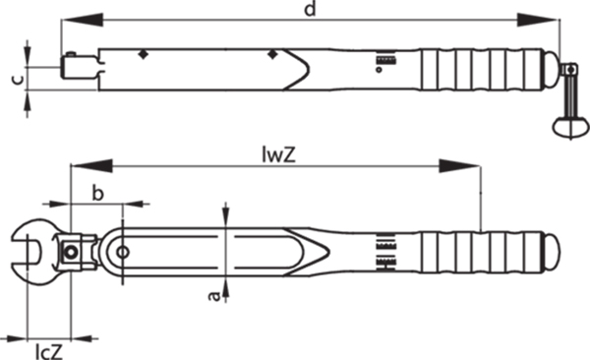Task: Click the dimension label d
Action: (x=310, y=9)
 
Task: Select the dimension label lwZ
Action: (x=279, y=154)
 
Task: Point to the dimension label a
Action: (x=214, y=296)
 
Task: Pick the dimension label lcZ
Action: (x=49, y=351)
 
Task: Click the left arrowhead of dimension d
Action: (x=82, y=20)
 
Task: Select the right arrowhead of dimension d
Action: (x=538, y=20)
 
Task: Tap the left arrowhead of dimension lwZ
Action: (x=91, y=165)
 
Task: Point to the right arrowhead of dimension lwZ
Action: (x=459, y=165)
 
